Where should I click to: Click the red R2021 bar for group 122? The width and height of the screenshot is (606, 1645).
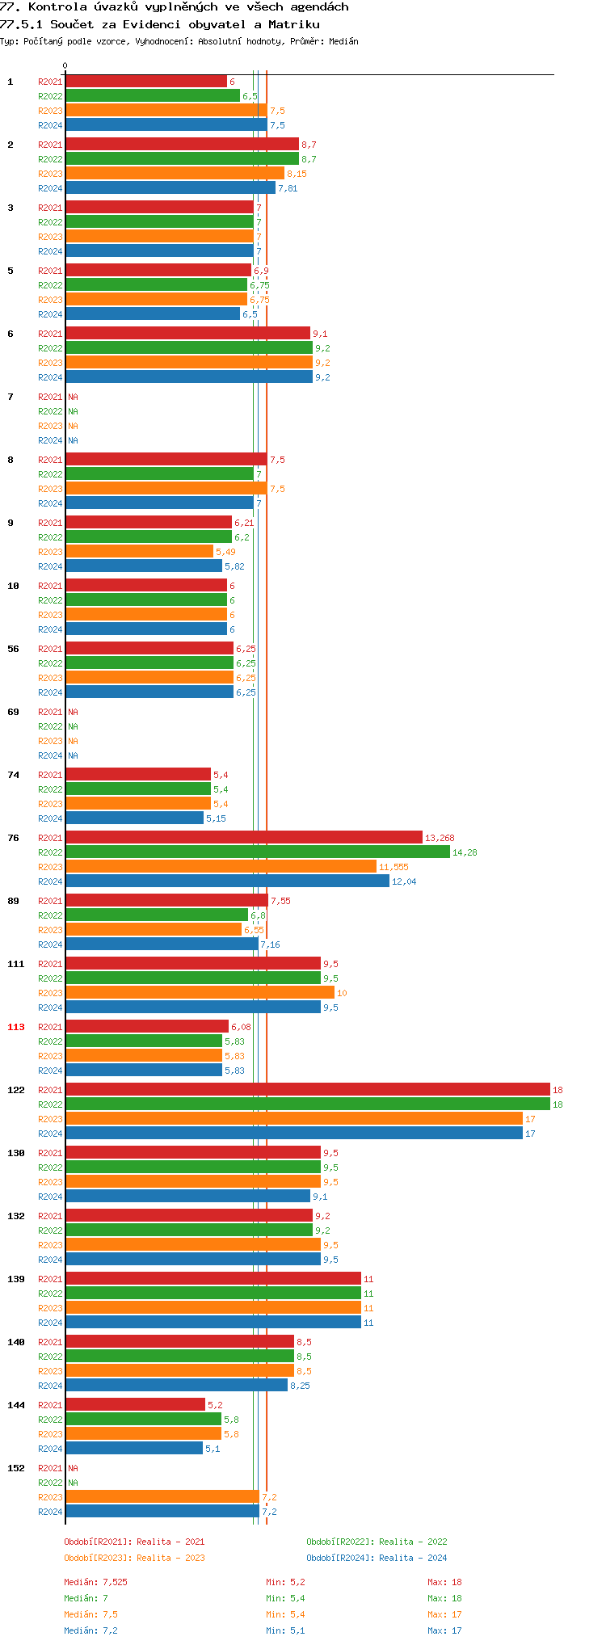307,1090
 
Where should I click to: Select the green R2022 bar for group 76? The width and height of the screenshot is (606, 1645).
257,852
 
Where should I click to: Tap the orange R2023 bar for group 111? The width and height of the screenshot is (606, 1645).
200,993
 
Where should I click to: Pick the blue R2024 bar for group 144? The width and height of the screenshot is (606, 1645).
134,1449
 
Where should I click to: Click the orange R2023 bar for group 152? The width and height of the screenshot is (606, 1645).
162,1497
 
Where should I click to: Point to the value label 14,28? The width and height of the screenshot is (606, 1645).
465,852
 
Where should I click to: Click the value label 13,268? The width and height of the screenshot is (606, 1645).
440,838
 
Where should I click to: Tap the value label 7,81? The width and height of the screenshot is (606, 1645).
288,188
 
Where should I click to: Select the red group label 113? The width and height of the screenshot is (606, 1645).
16,1027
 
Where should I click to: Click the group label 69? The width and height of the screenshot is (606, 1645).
14,712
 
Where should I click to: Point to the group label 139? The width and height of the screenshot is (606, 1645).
16,1279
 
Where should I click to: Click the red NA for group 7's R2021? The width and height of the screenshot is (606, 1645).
73,397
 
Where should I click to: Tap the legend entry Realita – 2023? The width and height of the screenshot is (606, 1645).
134,1558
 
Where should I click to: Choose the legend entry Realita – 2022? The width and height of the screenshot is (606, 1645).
377,1542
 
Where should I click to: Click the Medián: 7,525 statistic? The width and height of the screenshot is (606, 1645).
95,1582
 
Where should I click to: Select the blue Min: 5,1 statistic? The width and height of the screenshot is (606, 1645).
285,1630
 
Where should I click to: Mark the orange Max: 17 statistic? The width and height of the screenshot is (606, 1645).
444,1614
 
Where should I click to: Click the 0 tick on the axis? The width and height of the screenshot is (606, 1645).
65,66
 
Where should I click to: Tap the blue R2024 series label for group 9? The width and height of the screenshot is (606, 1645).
50,566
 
